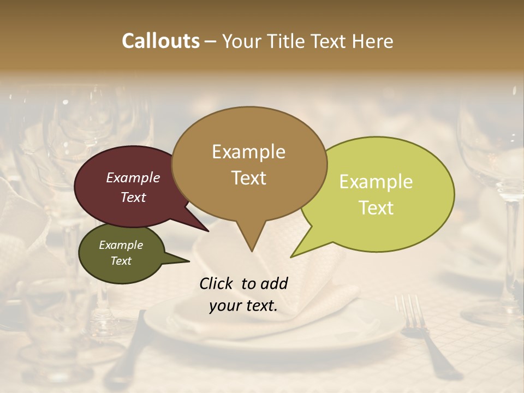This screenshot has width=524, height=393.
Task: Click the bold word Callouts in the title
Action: (x=160, y=41)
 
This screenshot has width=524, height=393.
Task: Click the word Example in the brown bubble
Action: (x=248, y=152)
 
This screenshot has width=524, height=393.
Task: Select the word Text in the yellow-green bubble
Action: (x=377, y=208)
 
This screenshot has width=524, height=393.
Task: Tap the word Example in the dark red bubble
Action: (x=133, y=178)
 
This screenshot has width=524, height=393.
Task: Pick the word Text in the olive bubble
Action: (x=121, y=261)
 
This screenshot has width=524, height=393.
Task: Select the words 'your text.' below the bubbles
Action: (x=243, y=306)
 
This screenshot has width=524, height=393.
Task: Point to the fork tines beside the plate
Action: (x=411, y=311)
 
